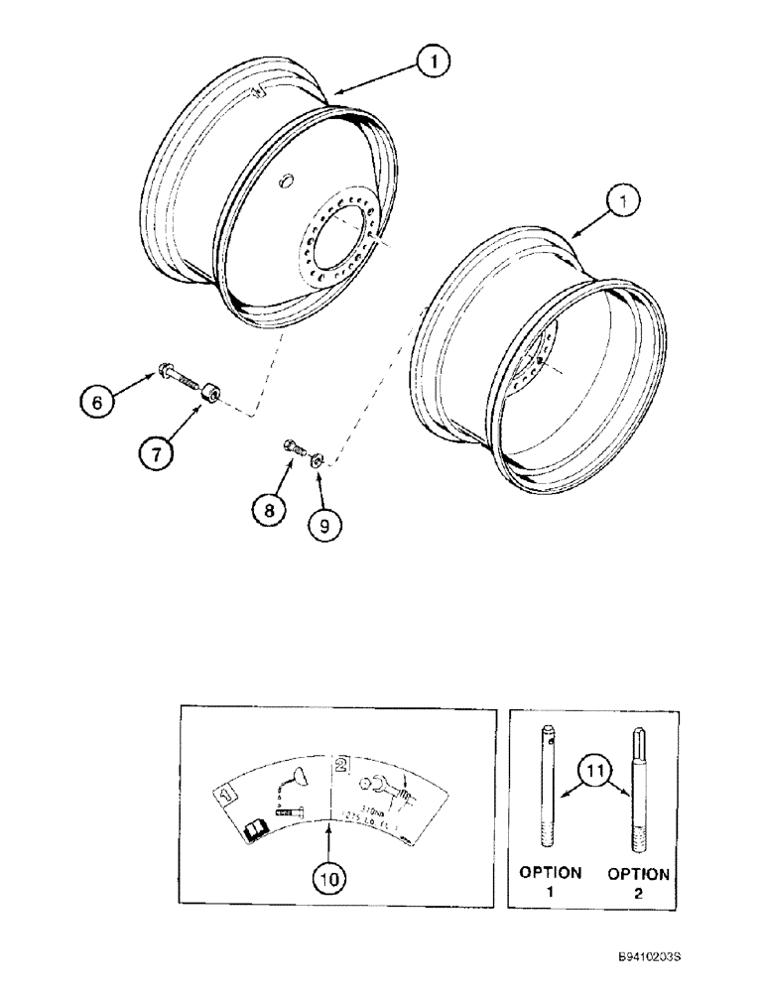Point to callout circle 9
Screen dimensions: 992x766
tap(318, 523)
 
